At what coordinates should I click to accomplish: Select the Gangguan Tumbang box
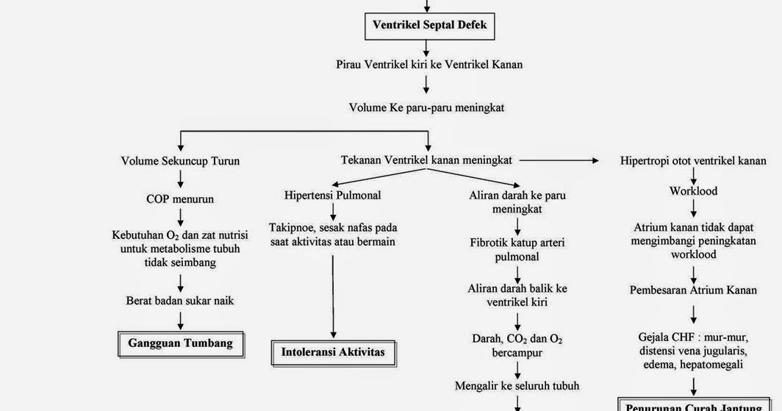[x=180, y=343]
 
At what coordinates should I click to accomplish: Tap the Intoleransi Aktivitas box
[x=333, y=351]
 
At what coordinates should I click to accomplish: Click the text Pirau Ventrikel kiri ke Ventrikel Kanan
[x=429, y=64]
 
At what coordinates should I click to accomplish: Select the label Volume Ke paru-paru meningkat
[x=426, y=107]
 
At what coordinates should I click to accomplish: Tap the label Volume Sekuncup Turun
[x=180, y=160]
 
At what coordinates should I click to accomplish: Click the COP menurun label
[x=180, y=199]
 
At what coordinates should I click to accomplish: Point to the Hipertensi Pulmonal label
[x=333, y=196]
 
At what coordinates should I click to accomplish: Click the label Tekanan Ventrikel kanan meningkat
[x=426, y=160]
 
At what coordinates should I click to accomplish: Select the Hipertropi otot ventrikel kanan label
[x=693, y=160]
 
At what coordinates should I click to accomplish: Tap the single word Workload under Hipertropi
[x=693, y=191]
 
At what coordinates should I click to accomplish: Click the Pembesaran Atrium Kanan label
[x=693, y=290]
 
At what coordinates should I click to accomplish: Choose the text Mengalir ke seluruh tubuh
[x=517, y=385]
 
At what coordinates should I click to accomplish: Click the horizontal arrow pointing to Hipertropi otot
[x=559, y=160]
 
